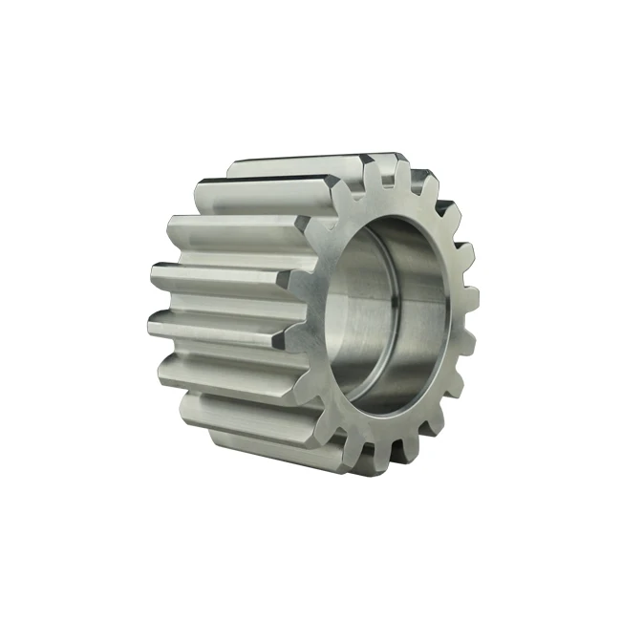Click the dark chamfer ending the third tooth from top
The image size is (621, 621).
click(x=286, y=280)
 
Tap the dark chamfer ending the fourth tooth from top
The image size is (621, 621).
click(x=283, y=334)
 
